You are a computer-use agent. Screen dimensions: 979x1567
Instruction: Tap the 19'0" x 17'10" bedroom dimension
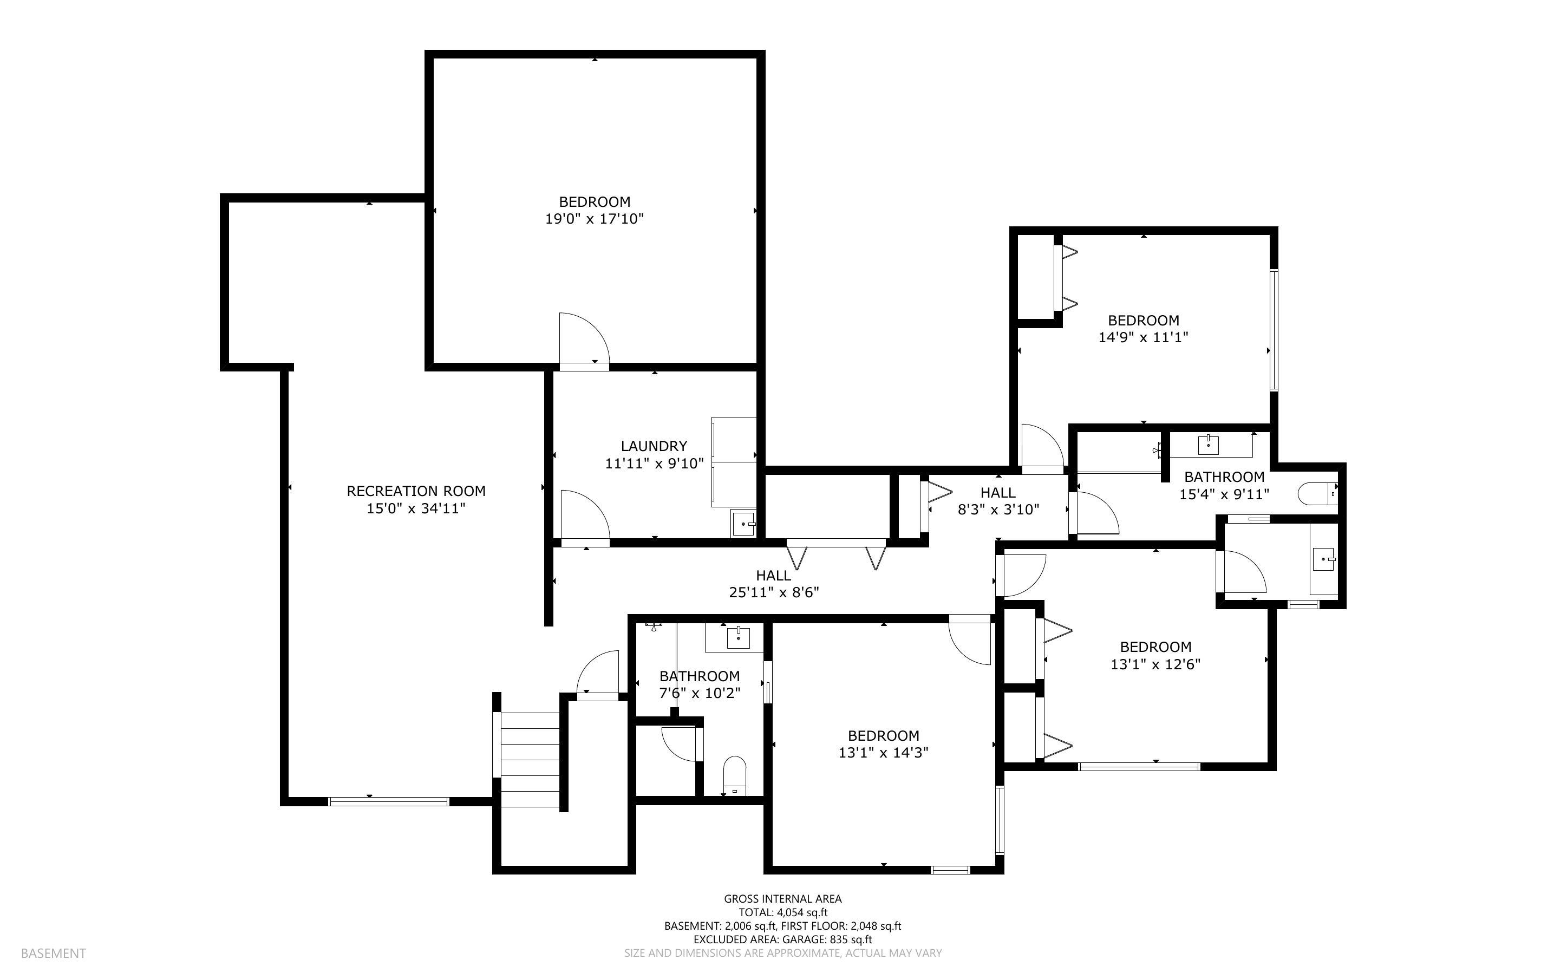pyautogui.click(x=594, y=219)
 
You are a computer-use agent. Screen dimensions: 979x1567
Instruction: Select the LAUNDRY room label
pyautogui.click(x=654, y=446)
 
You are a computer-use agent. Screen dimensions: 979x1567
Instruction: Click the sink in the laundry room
pyautogui.click(x=743, y=523)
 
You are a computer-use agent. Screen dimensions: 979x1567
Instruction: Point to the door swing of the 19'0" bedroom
pyautogui.click(x=583, y=340)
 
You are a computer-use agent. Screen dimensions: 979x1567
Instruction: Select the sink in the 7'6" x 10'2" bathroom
pyautogui.click(x=737, y=638)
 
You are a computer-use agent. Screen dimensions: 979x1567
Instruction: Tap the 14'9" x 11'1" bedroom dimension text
pyautogui.click(x=1143, y=337)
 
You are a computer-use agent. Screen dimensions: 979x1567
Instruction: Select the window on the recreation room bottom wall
pyautogui.click(x=388, y=801)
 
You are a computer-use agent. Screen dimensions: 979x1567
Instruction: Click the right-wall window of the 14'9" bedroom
pyautogui.click(x=1274, y=330)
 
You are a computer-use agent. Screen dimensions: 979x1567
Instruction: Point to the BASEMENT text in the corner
pyautogui.click(x=53, y=953)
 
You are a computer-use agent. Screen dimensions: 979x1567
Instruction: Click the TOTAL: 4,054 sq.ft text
pyautogui.click(x=782, y=912)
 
